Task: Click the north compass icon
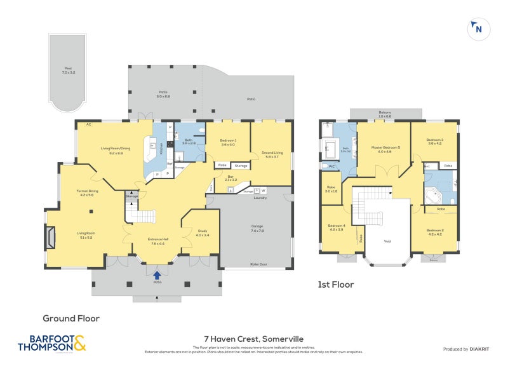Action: (478, 28)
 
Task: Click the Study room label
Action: (202, 233)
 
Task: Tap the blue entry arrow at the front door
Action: (157, 274)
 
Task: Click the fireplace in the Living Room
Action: (51, 239)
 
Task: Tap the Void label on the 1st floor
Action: (387, 241)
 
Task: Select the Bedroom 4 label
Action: (337, 227)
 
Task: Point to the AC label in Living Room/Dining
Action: (81, 125)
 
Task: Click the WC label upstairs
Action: (331, 166)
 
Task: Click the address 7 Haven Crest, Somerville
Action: (253, 339)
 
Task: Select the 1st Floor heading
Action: (336, 285)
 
